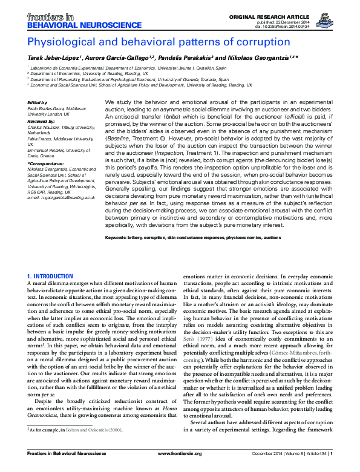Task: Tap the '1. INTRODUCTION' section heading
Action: click(x=50, y=277)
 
